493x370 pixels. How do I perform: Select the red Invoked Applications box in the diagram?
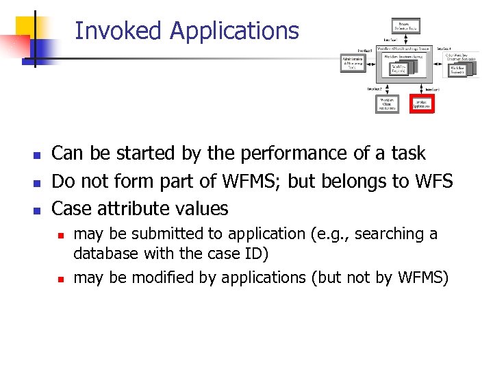(421, 104)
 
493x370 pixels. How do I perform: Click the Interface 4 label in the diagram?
(443, 49)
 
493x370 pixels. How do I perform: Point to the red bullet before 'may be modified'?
(60, 279)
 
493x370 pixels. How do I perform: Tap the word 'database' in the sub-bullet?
(105, 254)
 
